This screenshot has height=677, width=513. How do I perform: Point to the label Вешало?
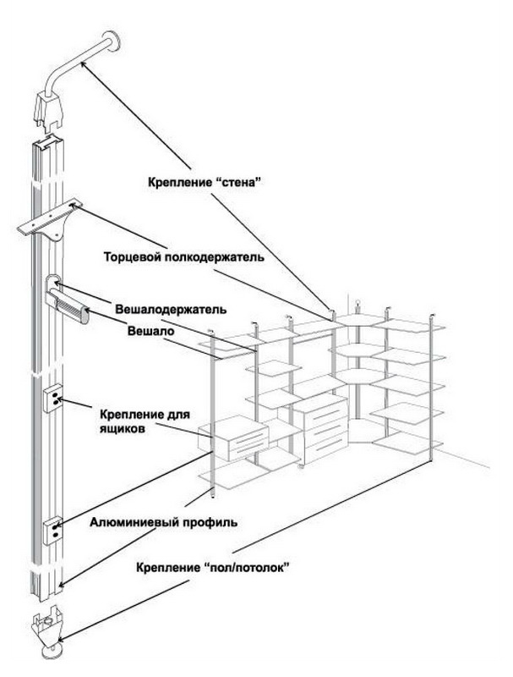click(x=150, y=333)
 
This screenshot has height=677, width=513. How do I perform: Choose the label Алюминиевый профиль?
click(x=163, y=522)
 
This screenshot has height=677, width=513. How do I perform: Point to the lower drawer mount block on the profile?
click(x=52, y=528)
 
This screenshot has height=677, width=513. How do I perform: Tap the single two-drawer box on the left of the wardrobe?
click(x=234, y=439)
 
